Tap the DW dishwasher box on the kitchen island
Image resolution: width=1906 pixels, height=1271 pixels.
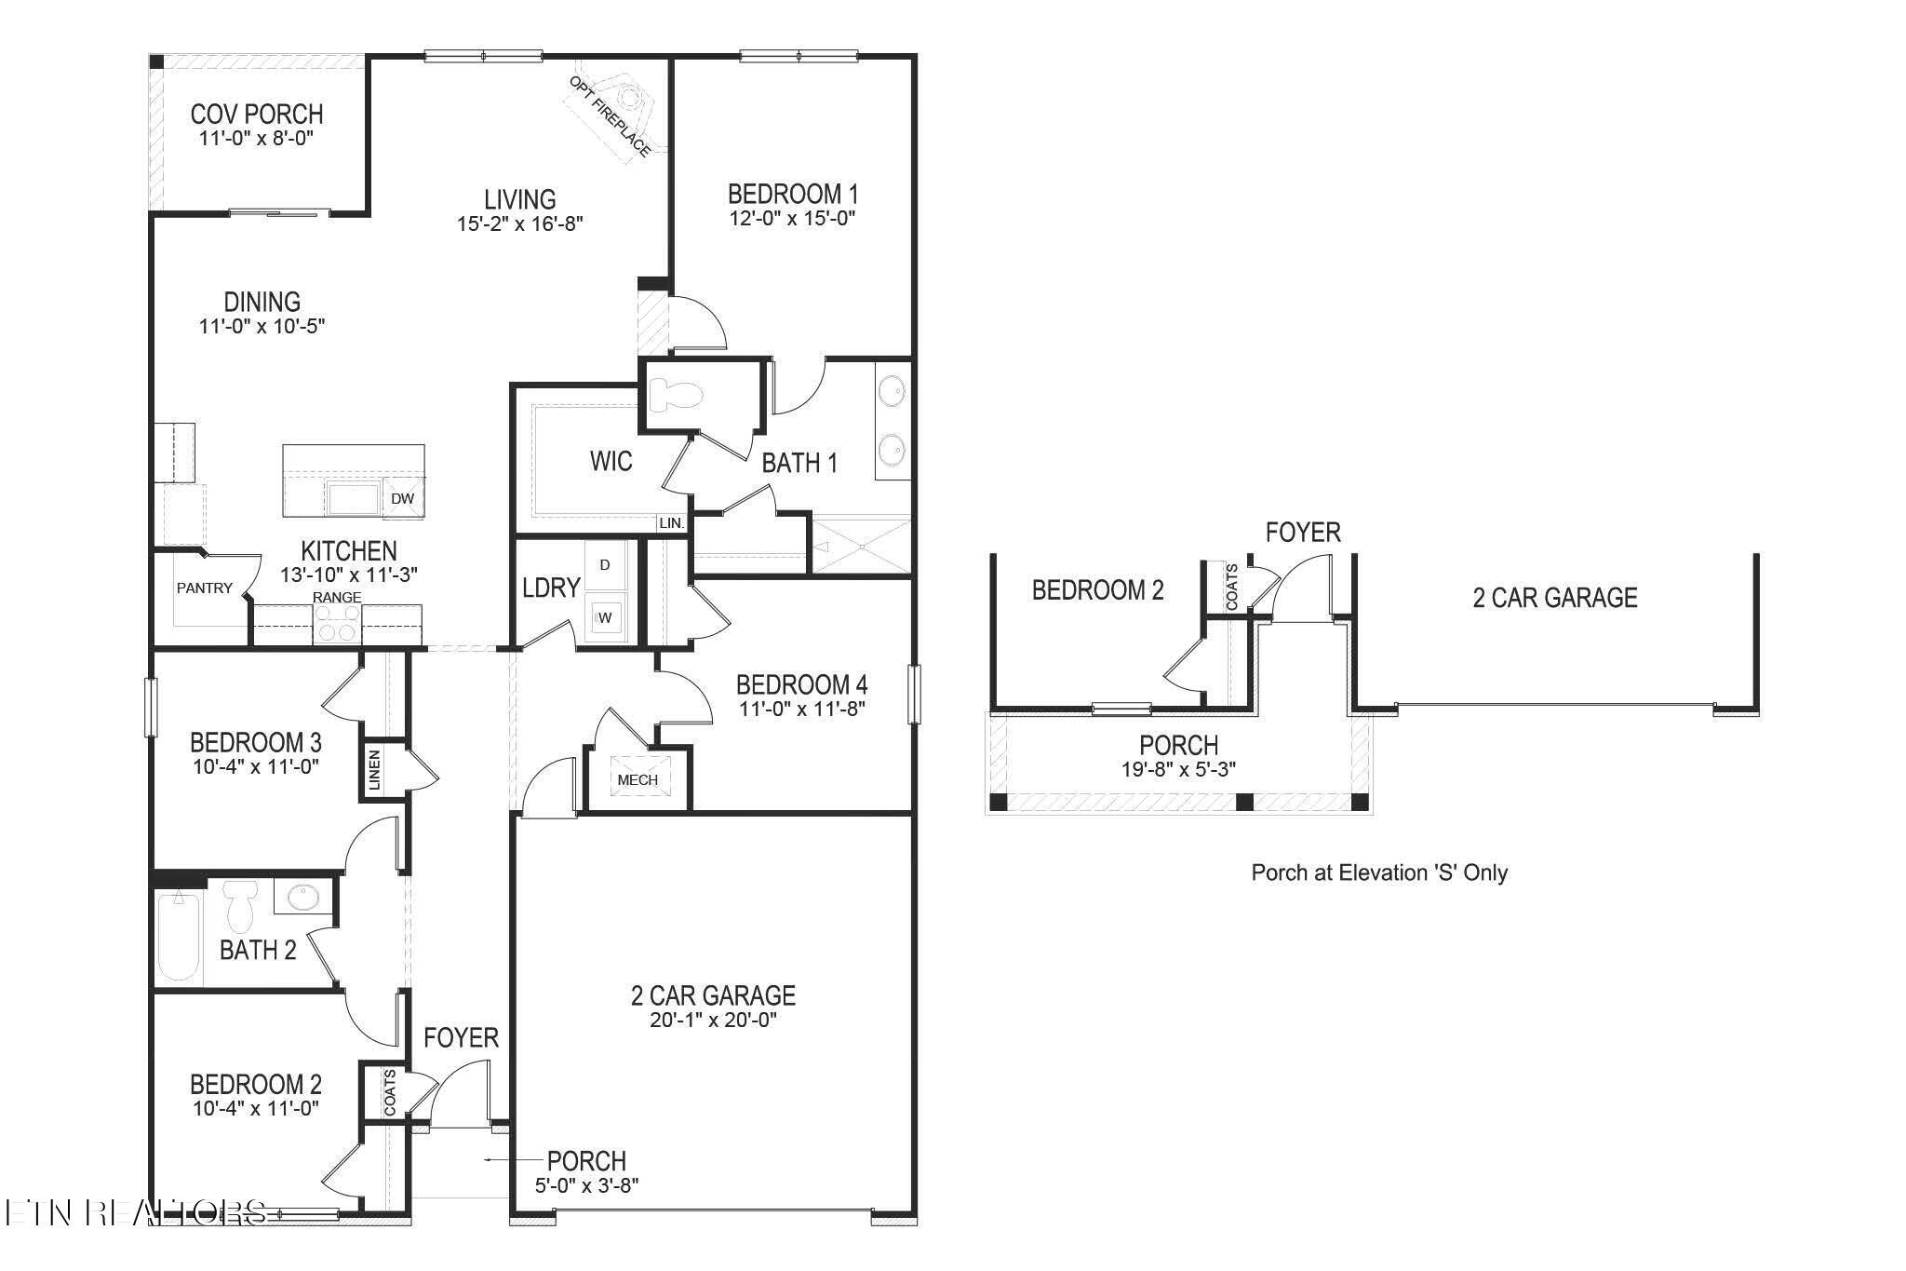tap(402, 499)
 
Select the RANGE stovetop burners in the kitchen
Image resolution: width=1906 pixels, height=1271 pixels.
tap(337, 623)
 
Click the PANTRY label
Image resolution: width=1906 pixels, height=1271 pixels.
tap(205, 588)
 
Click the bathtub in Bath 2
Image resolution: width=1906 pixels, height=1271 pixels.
tap(179, 937)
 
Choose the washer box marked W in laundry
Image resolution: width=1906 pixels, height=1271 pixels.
tap(605, 616)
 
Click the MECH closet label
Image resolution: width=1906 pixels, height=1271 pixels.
tap(638, 780)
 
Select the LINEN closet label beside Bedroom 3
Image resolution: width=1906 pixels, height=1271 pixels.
tap(374, 770)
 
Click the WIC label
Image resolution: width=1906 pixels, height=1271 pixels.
tap(611, 461)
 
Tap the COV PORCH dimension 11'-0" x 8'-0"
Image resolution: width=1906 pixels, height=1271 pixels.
tap(257, 139)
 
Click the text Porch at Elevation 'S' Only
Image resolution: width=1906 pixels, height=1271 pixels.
tap(1379, 872)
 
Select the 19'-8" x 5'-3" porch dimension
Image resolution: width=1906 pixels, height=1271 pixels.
tap(1178, 769)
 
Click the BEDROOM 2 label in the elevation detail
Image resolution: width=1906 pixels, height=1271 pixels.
tap(1098, 590)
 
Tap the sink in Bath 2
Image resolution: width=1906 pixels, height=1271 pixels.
tap(302, 898)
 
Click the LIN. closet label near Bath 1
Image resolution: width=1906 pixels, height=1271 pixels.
tap(671, 524)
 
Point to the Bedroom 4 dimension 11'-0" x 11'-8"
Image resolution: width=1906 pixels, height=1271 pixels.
tap(801, 709)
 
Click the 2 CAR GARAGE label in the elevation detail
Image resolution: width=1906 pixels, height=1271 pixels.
tap(1554, 598)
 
